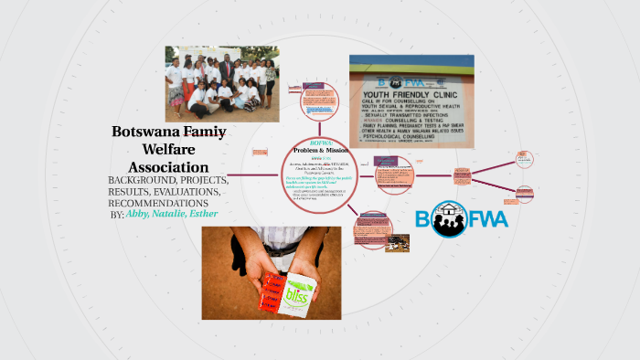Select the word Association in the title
[168, 167]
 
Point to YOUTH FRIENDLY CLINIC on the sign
[411, 94]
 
